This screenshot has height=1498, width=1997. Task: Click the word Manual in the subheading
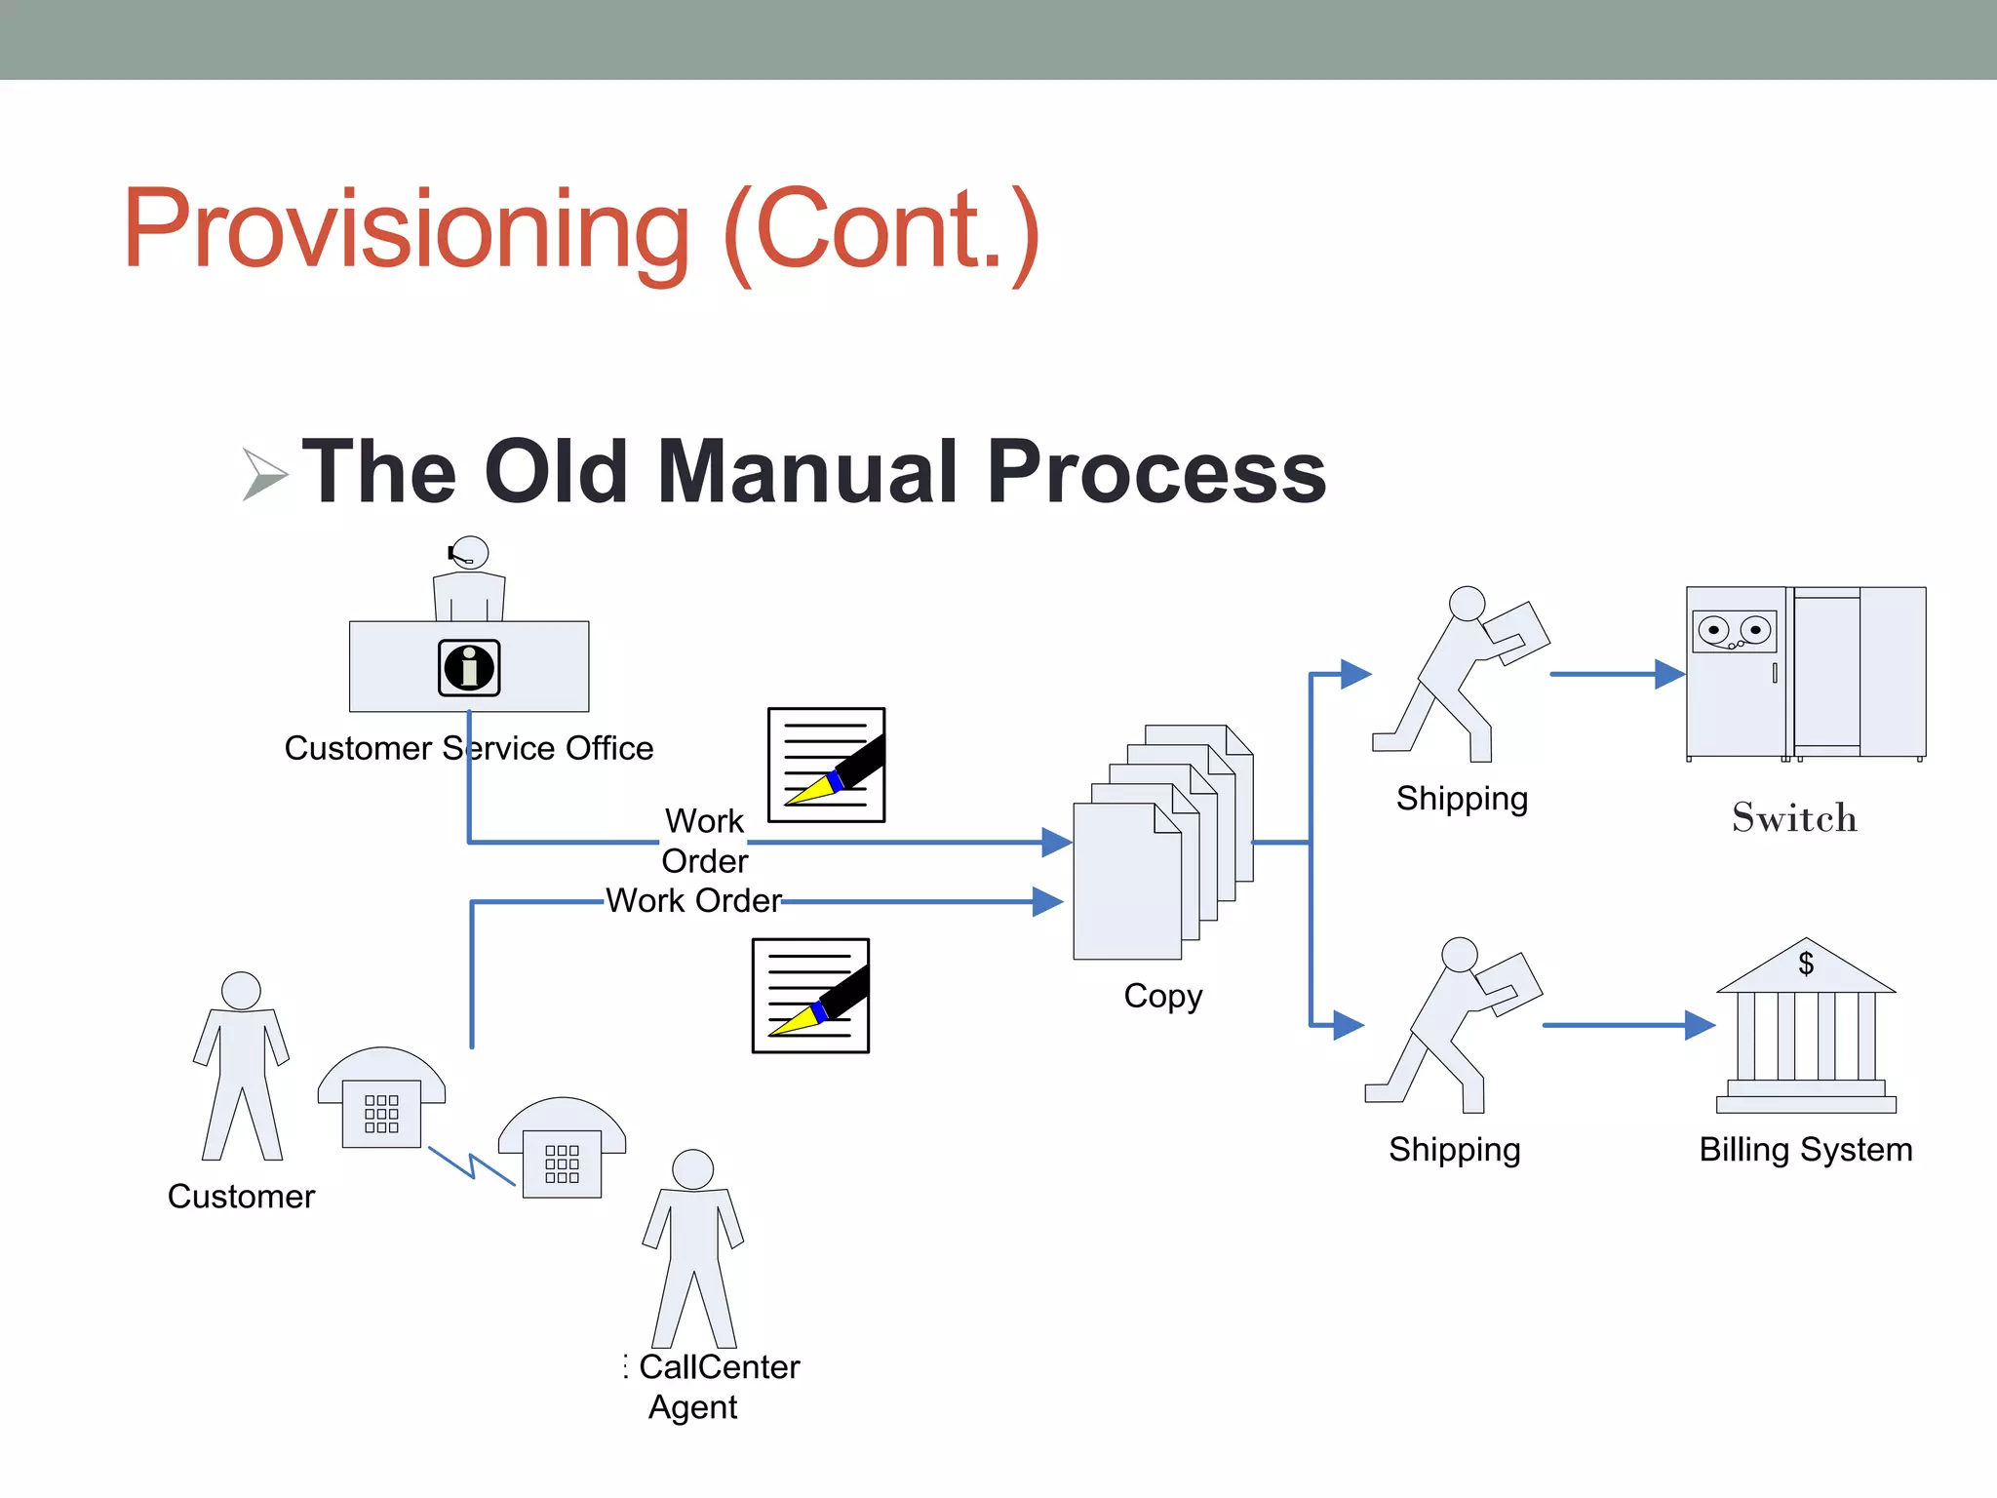[808, 472]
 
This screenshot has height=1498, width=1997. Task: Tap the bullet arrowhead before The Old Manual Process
[263, 474]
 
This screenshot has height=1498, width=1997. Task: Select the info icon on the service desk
[469, 668]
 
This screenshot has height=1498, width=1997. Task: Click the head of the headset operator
[471, 552]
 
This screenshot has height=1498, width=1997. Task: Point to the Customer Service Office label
[468, 748]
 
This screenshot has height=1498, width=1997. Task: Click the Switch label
[1794, 817]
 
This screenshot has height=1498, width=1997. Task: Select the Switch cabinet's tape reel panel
[1734, 632]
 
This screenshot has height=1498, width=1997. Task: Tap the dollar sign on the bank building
[1806, 964]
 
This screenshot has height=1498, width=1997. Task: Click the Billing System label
[1805, 1149]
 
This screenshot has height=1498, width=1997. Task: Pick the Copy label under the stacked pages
[1162, 996]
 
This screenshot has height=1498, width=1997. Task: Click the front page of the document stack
[1126, 883]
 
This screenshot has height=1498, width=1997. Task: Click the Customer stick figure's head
[241, 991]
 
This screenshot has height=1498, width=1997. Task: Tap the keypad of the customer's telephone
[381, 1113]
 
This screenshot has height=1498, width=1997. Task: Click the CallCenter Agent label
[719, 1386]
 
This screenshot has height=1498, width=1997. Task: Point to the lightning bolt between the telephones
[471, 1165]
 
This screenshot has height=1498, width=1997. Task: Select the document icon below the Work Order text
[810, 996]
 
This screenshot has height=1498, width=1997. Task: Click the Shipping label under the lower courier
[1454, 1149]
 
